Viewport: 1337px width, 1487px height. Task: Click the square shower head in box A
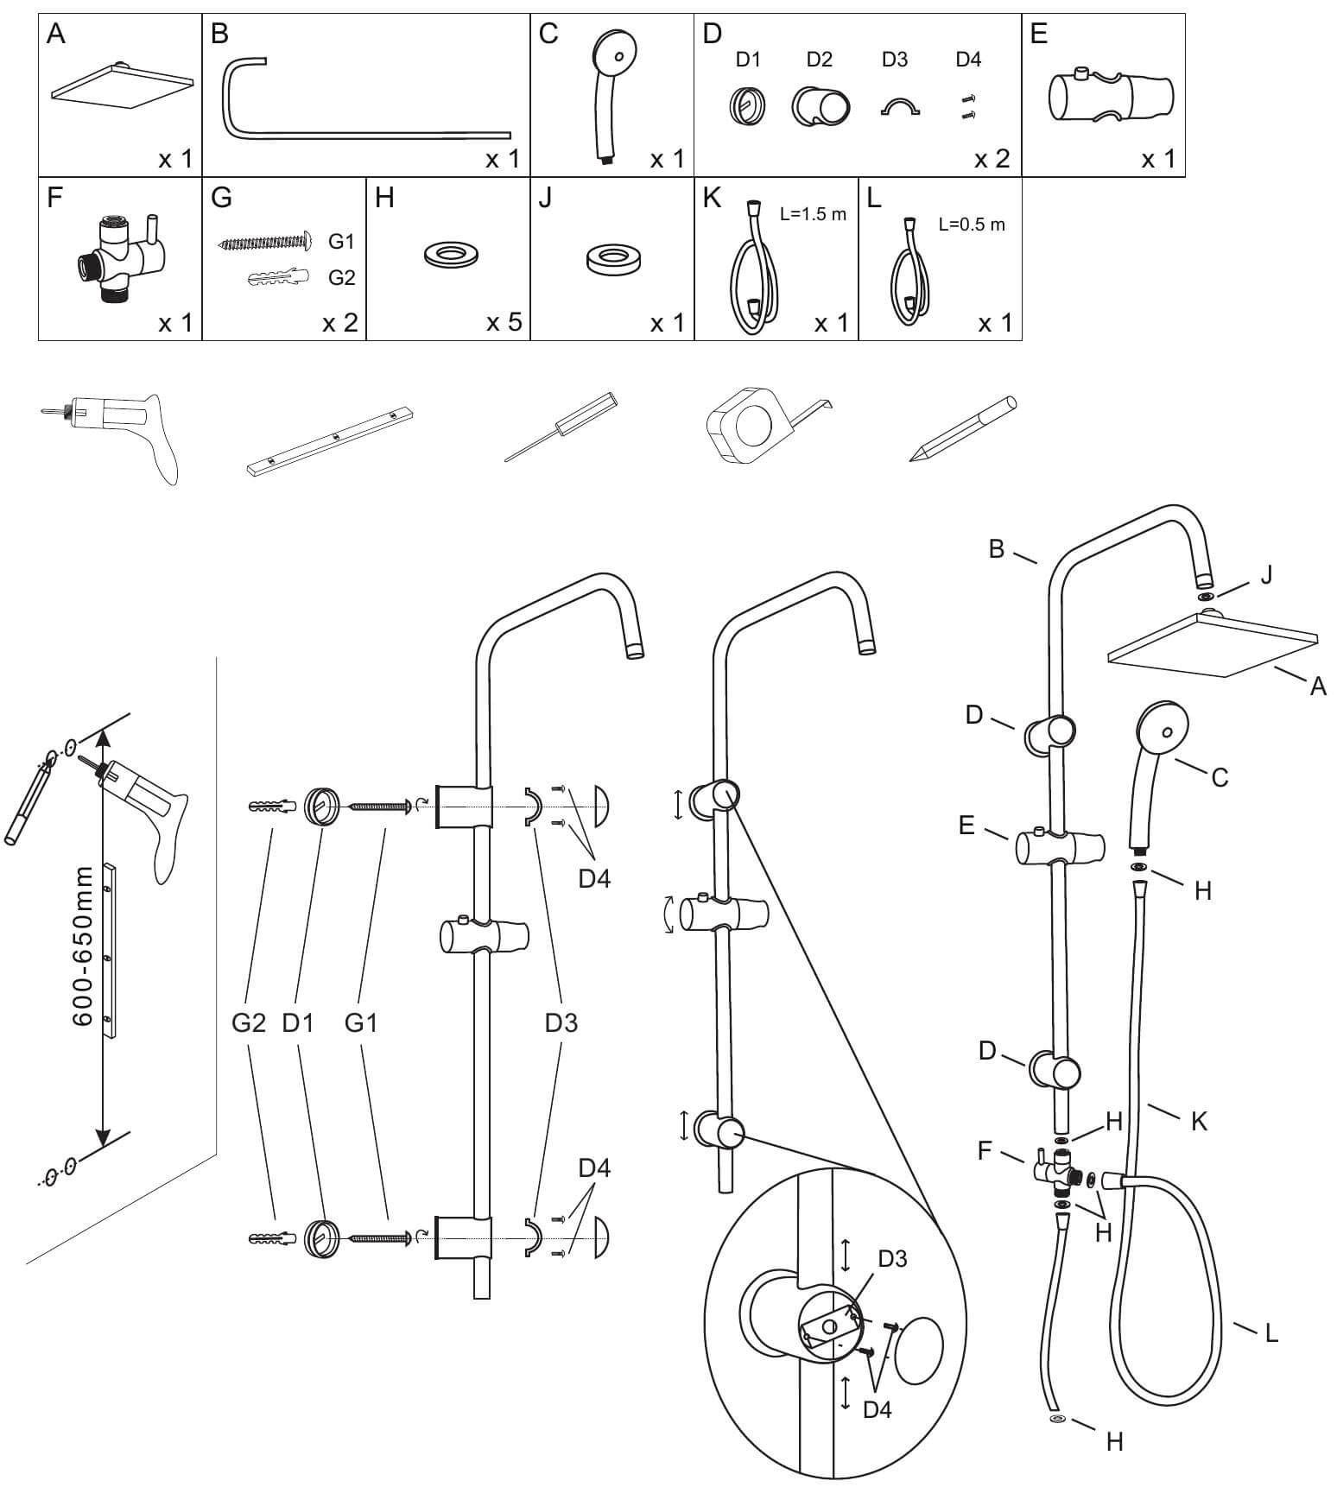[121, 87]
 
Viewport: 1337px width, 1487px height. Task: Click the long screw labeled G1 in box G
[263, 242]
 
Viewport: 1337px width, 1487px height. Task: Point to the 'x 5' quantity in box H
[504, 323]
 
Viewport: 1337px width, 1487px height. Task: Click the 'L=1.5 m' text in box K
[813, 214]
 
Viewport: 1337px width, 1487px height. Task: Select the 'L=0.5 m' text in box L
[972, 225]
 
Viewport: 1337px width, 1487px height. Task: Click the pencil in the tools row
[962, 429]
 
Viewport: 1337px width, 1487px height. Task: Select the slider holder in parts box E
[1110, 94]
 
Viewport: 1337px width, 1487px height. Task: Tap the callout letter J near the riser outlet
[1266, 574]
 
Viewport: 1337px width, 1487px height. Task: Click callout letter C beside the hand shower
[1219, 777]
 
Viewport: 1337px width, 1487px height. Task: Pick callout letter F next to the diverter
[985, 1151]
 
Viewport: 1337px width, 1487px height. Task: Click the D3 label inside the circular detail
[892, 1259]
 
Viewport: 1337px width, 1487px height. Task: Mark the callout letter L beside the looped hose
[1270, 1333]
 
